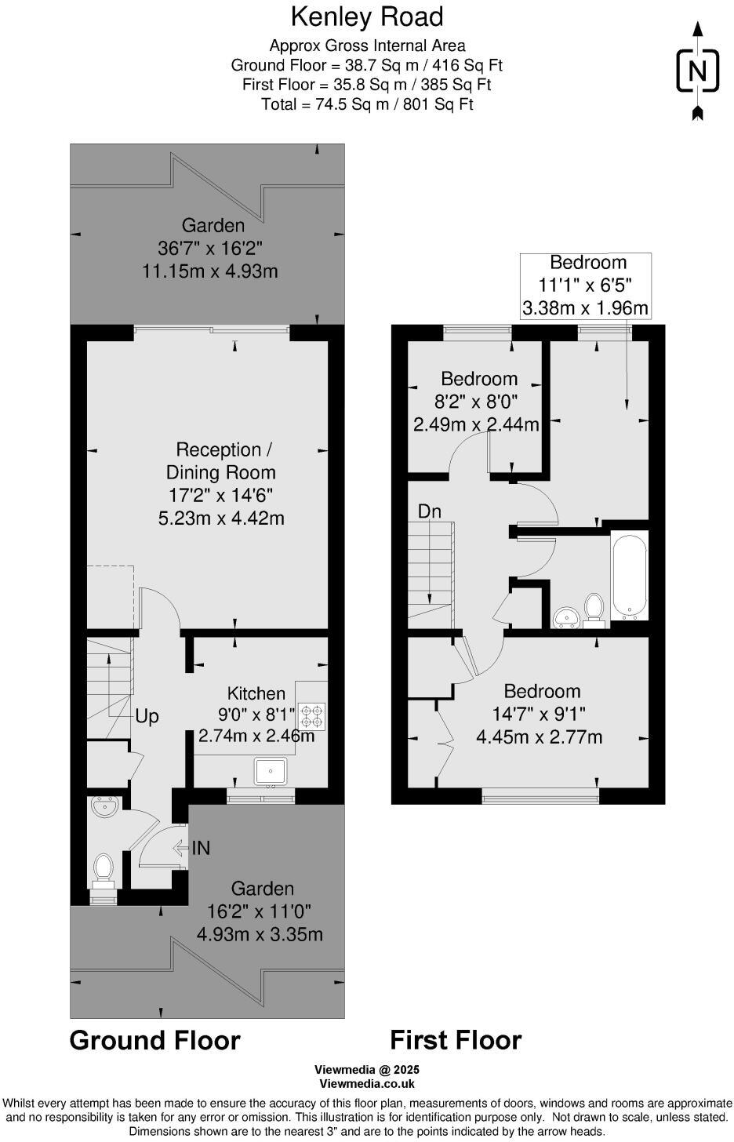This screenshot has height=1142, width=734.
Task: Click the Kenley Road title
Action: (x=367, y=16)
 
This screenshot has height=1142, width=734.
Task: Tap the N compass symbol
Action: (x=696, y=71)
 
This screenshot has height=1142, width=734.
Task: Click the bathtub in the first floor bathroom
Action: (x=630, y=575)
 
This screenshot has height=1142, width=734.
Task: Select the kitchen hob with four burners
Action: (x=311, y=715)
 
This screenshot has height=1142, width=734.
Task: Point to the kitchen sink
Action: (x=271, y=772)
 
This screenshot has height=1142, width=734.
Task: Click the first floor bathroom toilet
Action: (x=594, y=609)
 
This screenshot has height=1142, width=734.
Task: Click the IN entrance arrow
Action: (x=191, y=848)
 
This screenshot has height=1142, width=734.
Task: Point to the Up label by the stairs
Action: (x=147, y=716)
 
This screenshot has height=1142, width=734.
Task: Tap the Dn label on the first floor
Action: (x=429, y=511)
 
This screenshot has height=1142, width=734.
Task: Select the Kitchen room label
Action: (x=256, y=693)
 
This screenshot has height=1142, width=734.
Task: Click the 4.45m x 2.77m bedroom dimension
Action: (x=540, y=737)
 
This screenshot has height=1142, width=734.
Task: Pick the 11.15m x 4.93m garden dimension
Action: (x=210, y=271)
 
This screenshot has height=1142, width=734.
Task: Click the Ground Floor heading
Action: (x=154, y=1040)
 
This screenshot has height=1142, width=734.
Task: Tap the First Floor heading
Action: (x=456, y=1040)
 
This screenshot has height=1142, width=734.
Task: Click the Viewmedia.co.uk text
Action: (x=367, y=1084)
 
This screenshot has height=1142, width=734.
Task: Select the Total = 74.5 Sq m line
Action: (x=367, y=104)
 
